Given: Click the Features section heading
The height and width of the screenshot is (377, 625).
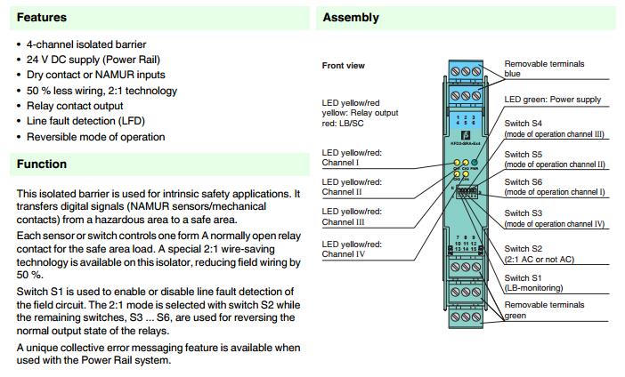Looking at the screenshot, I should [x=41, y=18].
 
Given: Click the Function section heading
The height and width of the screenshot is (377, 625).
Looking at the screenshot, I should [x=41, y=164].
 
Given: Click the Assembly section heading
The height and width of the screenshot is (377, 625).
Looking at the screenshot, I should [x=350, y=18].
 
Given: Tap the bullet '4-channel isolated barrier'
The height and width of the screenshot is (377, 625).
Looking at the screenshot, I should [x=86, y=44].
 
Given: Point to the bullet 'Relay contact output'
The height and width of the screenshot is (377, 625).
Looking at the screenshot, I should [x=75, y=106].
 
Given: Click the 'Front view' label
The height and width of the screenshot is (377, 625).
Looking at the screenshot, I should [x=344, y=66].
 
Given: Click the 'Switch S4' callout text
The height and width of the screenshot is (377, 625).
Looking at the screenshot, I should [x=524, y=124].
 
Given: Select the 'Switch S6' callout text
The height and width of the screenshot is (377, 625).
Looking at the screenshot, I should [x=524, y=181].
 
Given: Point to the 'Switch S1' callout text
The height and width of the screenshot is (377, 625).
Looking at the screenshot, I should [x=524, y=278].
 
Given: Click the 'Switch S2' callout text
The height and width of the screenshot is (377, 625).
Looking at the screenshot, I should [x=524, y=248].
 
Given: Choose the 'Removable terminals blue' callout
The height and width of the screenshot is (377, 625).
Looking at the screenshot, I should [x=544, y=69].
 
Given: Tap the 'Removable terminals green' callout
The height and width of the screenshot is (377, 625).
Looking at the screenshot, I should [x=544, y=309].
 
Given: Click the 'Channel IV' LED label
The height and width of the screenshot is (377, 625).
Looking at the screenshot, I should [x=352, y=249].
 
